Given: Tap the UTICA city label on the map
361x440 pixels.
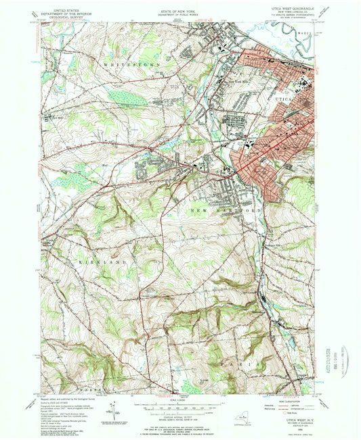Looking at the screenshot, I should [285, 99].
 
